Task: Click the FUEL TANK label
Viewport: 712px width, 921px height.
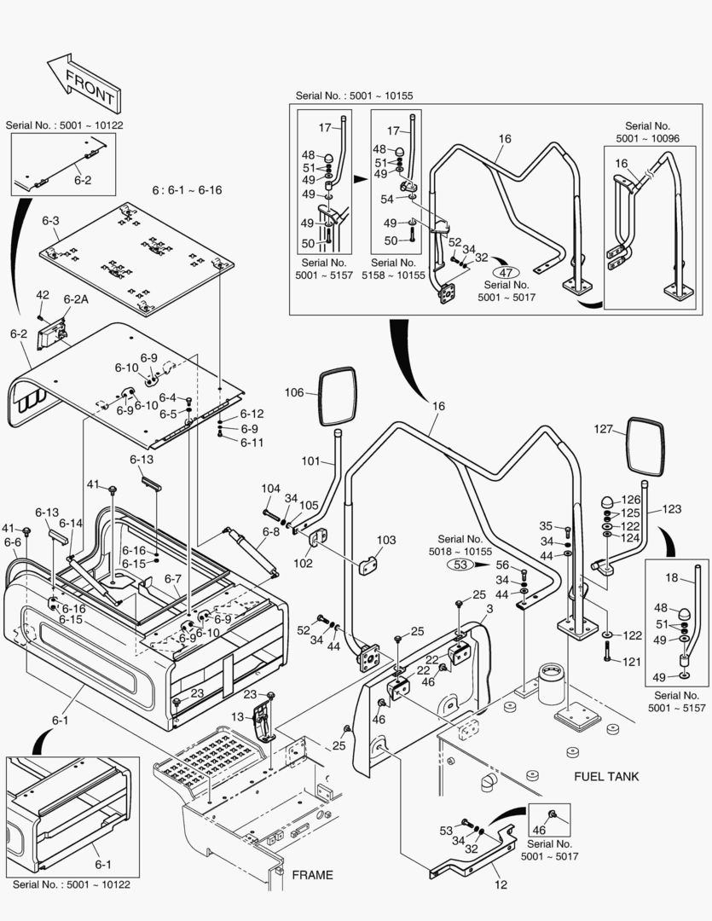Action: (x=606, y=776)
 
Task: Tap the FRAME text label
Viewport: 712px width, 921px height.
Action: (x=312, y=875)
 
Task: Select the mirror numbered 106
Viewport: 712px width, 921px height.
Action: (x=339, y=397)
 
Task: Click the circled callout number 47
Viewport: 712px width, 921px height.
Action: (x=506, y=273)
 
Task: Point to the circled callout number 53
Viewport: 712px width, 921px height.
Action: (x=461, y=564)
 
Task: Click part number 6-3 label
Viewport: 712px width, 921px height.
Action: (x=50, y=221)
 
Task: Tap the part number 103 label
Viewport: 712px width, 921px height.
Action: (x=386, y=540)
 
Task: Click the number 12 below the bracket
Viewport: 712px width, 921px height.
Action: (x=501, y=884)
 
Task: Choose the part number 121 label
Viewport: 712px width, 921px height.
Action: (x=632, y=662)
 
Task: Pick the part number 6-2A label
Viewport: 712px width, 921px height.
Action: (x=75, y=299)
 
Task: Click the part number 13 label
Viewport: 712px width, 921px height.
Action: (x=238, y=716)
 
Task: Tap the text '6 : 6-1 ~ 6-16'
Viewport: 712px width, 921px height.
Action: (x=187, y=190)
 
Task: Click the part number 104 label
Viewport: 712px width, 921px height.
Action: (x=270, y=489)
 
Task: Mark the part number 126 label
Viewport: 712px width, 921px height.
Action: (x=629, y=500)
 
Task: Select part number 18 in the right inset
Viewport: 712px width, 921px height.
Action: (x=671, y=577)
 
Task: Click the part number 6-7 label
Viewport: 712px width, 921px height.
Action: (x=173, y=579)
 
